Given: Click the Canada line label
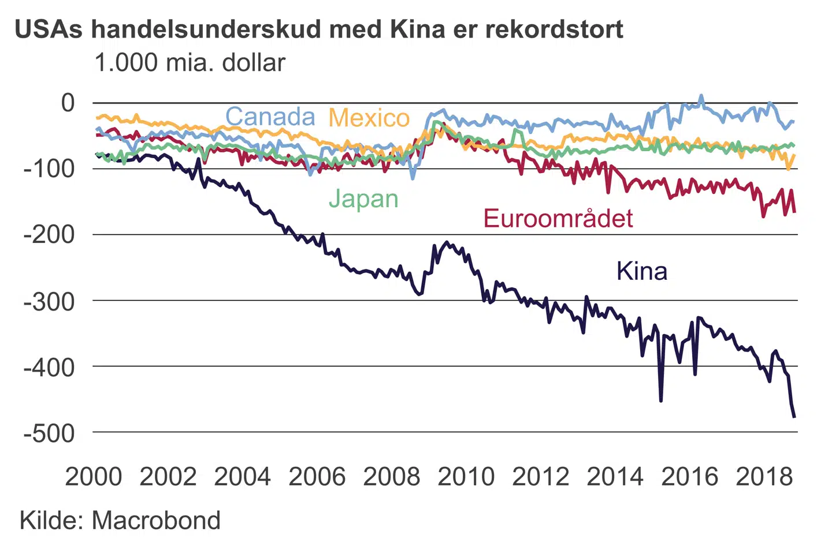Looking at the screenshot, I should pos(270,117).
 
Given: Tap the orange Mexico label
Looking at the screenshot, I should pos(369,118).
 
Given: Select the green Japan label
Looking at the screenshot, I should pos(363,199).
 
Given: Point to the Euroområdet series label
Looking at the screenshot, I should pos(558,219).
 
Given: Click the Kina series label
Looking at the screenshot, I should pos(642,271).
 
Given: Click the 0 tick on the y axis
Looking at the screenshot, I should pos(68,103).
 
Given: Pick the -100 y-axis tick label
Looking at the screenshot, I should pos(50,169).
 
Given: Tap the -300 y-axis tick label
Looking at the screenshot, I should pos(50,301).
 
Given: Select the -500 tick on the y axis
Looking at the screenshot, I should pos(50,433).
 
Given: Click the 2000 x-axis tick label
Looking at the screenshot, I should pos(94,477).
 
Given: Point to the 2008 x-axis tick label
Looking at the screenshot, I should pos(392,477).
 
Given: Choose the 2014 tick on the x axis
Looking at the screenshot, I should pos(615,477).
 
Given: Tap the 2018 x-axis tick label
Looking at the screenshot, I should pos(764,477).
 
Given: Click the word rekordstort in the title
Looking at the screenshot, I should pos(555,29).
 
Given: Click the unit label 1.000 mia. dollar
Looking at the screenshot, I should pos(190,63).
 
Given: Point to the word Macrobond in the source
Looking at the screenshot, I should pos(157,521).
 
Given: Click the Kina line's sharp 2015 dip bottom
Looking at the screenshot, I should pos(661,400).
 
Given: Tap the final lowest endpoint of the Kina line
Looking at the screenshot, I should pos(794,416).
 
